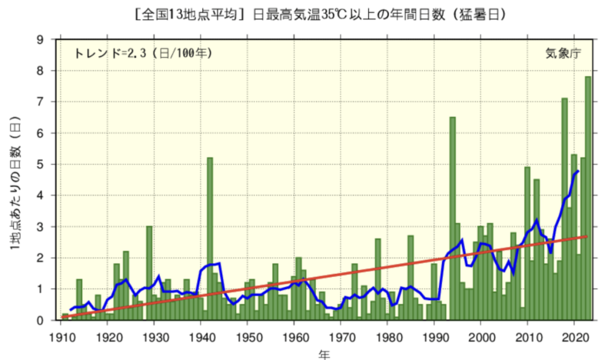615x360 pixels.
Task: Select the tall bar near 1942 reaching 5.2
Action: pos(210,238)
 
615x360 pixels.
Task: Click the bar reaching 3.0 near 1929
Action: pos(149,273)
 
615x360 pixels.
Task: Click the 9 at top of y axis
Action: pos(40,39)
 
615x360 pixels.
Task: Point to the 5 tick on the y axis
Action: pos(40,164)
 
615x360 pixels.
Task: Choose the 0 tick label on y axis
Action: pos(40,320)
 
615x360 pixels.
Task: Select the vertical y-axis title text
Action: pos(15,185)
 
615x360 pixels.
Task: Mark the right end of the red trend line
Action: pos(588,236)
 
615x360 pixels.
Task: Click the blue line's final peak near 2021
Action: pos(578,171)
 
